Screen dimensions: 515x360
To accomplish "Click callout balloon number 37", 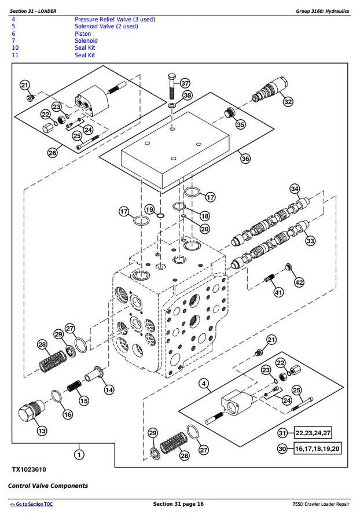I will [185, 83].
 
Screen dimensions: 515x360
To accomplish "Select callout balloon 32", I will [288, 102].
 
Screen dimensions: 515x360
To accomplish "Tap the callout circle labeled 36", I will [245, 159].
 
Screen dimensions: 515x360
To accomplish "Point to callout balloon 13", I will [42, 431].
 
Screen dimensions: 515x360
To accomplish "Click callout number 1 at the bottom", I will [79, 455].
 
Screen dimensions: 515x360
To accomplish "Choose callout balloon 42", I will [299, 282].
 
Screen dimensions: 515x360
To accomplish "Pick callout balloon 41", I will [278, 292].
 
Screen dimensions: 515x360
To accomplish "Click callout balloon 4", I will [204, 383].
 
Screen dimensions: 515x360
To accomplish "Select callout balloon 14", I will [109, 389].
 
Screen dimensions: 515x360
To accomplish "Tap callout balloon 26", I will [52, 153].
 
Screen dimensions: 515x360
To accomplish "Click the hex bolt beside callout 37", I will [171, 86].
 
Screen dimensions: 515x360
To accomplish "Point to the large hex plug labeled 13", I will [28, 415].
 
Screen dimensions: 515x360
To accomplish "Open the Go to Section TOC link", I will [32, 505].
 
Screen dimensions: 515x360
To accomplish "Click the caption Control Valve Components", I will [48, 485].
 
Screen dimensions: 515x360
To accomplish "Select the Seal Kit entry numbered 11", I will [85, 55].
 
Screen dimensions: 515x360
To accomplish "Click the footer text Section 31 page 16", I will [179, 505].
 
